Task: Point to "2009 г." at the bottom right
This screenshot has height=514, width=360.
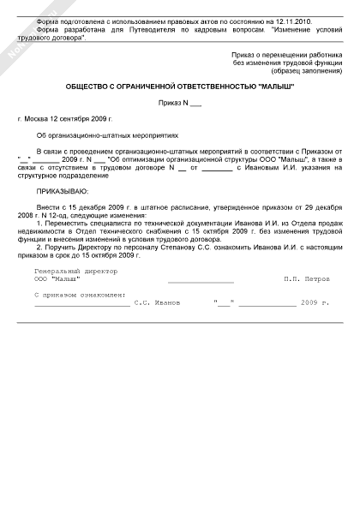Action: pyautogui.click(x=315, y=303)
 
